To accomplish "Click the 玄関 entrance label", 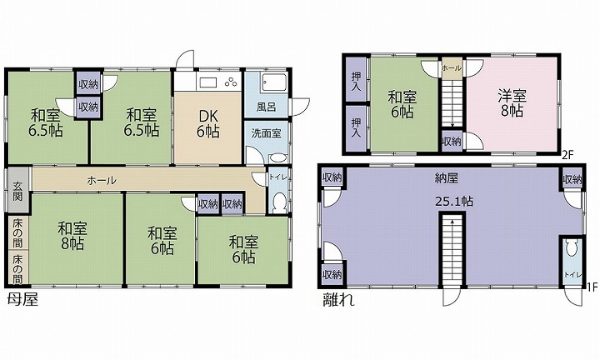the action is (x=17, y=192).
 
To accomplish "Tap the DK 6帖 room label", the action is (x=207, y=122).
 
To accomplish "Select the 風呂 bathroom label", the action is (x=267, y=107).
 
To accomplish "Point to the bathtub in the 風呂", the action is (x=274, y=82).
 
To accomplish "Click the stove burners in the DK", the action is (x=231, y=82).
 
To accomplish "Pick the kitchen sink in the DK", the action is (x=208, y=82).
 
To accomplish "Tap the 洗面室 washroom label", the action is (x=267, y=133).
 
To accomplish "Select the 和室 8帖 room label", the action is (x=72, y=235).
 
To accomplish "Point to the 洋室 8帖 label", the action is (x=512, y=102).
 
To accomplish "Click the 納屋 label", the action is (x=446, y=178).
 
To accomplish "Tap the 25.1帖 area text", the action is (x=454, y=201).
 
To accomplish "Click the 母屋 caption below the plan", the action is (x=23, y=299).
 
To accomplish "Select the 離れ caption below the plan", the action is (x=339, y=299).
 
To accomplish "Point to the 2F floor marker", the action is (x=568, y=155).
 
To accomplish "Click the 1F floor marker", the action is (x=592, y=287).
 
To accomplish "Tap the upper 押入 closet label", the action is (x=357, y=80).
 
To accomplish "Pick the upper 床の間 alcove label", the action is (x=17, y=232).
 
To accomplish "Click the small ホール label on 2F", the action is (x=452, y=68).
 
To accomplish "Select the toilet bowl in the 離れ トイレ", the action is (x=572, y=248).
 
